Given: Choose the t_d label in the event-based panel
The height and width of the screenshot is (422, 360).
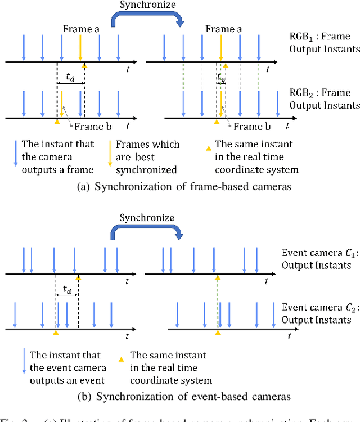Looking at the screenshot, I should click(67, 290).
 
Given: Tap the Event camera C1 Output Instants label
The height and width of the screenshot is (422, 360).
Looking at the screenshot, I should click(316, 258).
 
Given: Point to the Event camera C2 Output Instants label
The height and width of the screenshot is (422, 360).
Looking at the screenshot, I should click(316, 314).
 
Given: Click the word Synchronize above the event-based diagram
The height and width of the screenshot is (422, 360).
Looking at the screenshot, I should click(147, 217).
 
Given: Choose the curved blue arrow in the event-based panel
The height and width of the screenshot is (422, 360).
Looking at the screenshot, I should click(147, 229).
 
